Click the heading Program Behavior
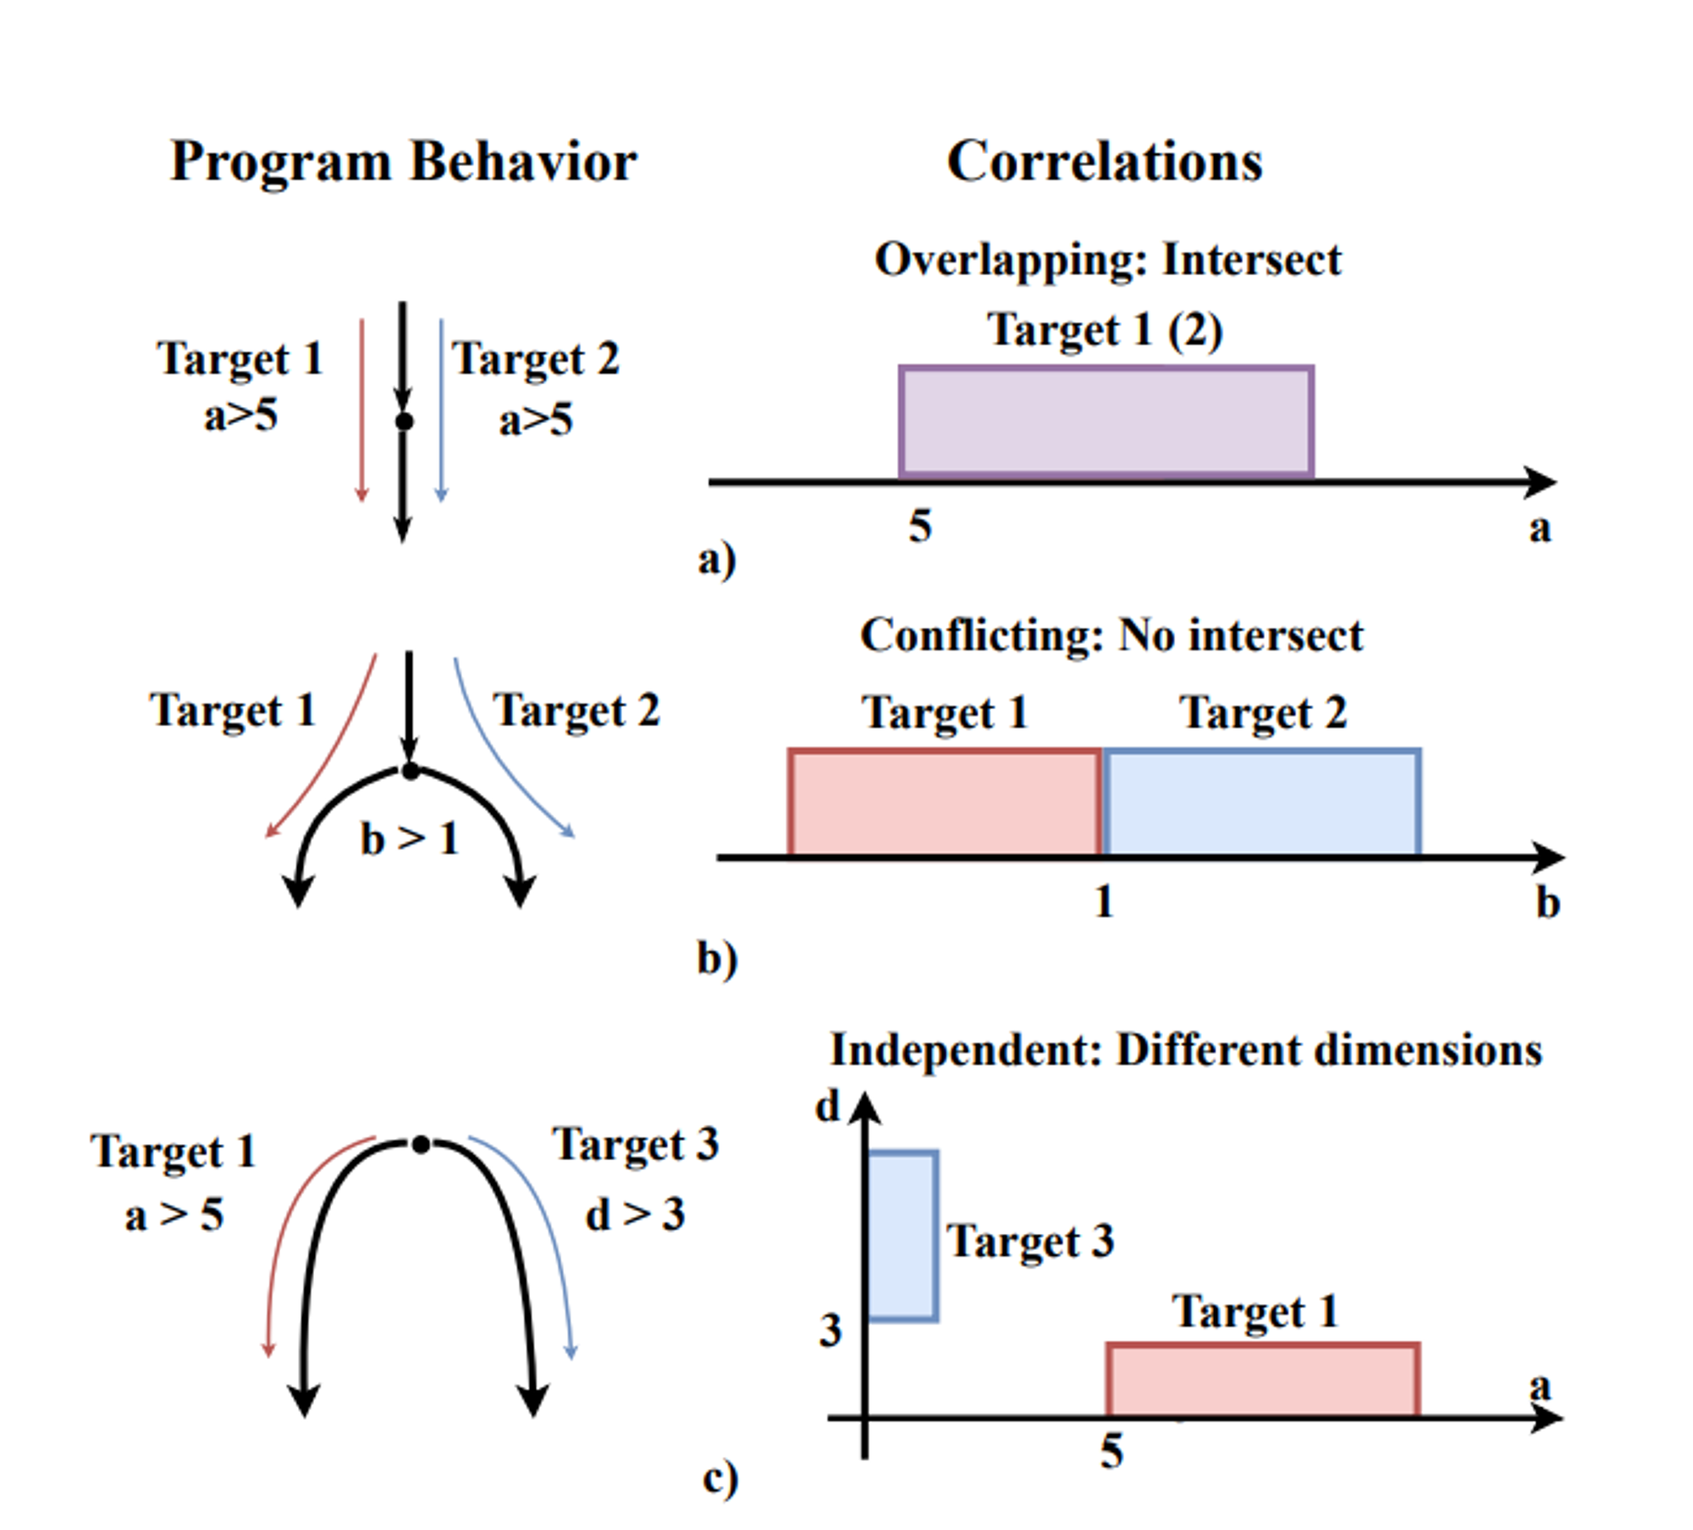click(403, 161)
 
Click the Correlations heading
click(1104, 161)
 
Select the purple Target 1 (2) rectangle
click(1106, 421)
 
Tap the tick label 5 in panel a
click(920, 526)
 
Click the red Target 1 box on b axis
click(945, 802)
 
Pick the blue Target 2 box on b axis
click(1261, 802)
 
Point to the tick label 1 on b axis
click(1103, 902)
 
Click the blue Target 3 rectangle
click(903, 1236)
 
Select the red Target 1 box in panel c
click(1262, 1379)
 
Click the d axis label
click(827, 1107)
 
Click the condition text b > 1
click(410, 839)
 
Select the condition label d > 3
click(635, 1215)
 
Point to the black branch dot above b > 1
click(410, 771)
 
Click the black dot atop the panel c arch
click(421, 1145)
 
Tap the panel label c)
click(720, 1478)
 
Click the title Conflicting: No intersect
click(1111, 635)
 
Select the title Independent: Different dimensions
click(1186, 1050)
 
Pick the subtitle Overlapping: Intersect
click(1107, 259)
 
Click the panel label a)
click(716, 559)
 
